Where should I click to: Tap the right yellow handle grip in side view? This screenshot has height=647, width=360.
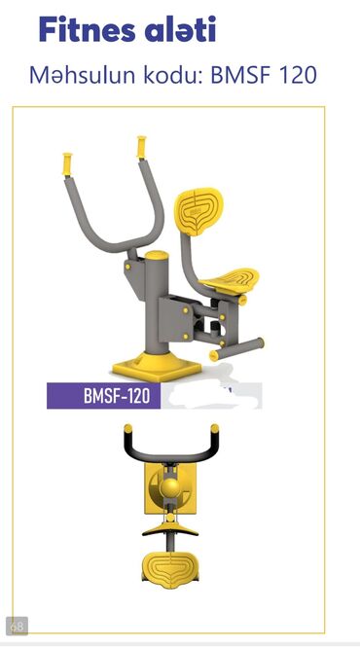click(142, 147)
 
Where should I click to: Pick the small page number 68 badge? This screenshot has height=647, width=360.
click(17, 627)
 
